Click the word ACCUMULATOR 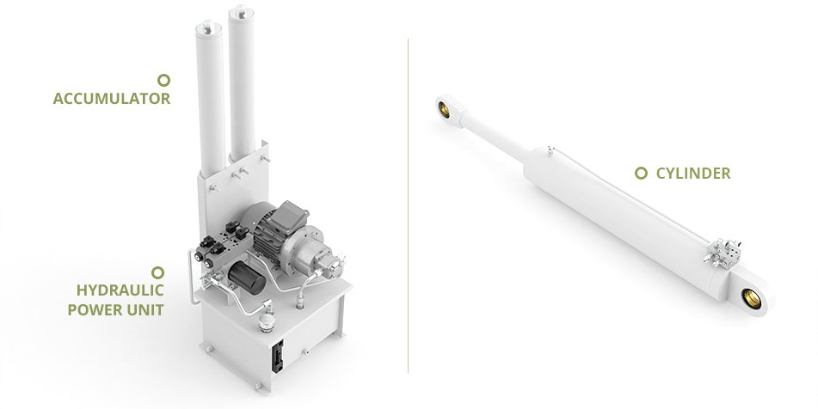point(112,99)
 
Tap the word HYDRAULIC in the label point(120,290)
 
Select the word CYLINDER point(693,174)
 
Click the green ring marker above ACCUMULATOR point(163,80)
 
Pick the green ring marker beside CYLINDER point(641,173)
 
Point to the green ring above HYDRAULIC point(157,272)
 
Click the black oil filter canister point(247,278)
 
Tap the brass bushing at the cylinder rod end point(445,109)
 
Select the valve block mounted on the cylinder point(722,253)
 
